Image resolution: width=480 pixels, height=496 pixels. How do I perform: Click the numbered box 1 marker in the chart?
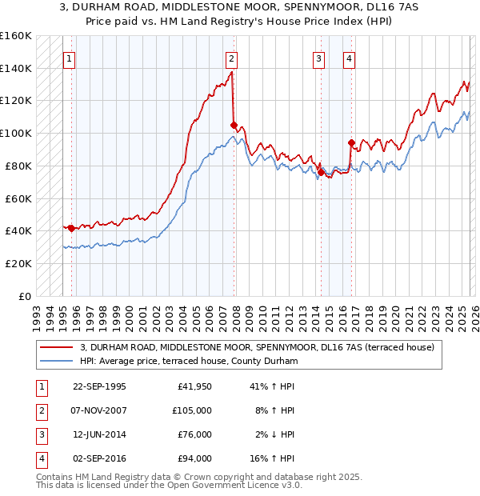[70, 58]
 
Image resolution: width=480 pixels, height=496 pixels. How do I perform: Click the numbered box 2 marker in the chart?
[231, 58]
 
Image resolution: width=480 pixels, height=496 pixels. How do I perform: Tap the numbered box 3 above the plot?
[319, 58]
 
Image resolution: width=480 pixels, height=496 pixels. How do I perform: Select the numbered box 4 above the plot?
[350, 58]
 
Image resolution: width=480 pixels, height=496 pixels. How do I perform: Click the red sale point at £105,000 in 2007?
[234, 125]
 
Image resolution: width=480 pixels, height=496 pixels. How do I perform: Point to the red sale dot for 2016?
[351, 143]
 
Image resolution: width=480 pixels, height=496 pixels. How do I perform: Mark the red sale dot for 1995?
[71, 228]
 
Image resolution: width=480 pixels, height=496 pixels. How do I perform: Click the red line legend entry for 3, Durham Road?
[256, 347]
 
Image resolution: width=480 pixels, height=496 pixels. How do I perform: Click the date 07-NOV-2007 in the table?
[99, 410]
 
